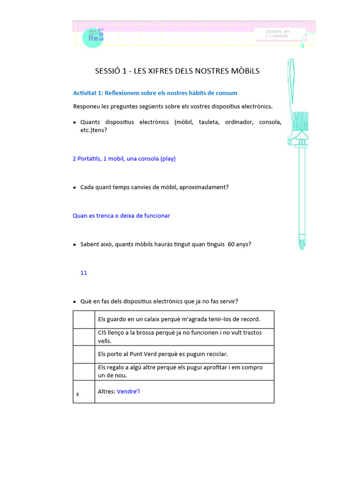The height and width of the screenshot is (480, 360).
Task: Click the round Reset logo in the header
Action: coord(92,37)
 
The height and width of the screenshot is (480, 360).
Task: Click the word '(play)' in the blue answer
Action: coord(168,158)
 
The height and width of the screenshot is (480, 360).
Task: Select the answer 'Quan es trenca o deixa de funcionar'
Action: coord(121,216)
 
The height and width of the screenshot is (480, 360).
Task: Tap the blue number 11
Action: coord(84,272)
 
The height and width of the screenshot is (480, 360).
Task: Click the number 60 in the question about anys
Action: coord(231,244)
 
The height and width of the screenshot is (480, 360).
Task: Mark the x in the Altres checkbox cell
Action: coord(77,395)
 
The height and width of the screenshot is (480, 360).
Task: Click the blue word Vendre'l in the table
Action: coord(128,391)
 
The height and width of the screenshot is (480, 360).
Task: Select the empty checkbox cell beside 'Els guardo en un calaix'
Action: coord(83,319)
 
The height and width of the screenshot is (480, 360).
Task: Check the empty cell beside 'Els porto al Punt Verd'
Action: coord(83,354)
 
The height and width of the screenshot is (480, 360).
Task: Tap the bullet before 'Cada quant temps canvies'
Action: coord(75,187)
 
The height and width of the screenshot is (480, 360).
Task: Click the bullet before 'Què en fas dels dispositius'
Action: coord(75,301)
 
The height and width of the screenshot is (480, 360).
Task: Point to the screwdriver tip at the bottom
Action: coord(302,244)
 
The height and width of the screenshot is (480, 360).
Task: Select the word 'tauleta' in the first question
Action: coord(209,122)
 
